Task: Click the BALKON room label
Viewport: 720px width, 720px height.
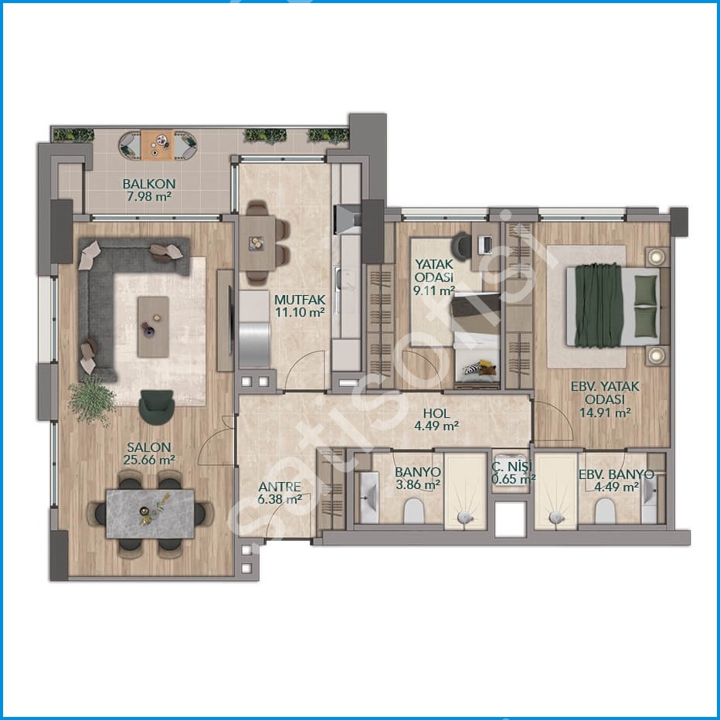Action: pos(149,184)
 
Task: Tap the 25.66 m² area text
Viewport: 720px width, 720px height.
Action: pos(149,460)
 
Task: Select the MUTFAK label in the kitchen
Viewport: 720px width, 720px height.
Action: pos(300,300)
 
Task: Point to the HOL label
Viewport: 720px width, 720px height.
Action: pos(436,413)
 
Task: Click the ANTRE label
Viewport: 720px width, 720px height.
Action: pos(280,487)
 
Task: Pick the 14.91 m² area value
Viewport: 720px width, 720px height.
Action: pos(605,413)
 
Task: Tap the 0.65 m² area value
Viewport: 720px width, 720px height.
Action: pos(514,480)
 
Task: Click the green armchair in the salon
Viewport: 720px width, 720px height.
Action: pos(157,407)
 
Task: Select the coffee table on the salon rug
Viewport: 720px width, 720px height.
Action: pos(154,327)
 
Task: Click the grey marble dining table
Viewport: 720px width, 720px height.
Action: pos(150,514)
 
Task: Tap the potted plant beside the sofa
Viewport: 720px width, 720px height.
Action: pos(91,399)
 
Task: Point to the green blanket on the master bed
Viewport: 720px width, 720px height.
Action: pos(599,305)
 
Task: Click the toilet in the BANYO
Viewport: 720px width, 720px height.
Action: pos(414,511)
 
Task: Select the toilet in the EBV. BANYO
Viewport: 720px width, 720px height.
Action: pos(605,511)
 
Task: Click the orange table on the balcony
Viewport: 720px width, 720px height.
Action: pos(158,145)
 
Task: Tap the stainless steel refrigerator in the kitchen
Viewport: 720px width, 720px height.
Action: pos(254,345)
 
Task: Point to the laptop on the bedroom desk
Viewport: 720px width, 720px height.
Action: pos(485,245)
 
